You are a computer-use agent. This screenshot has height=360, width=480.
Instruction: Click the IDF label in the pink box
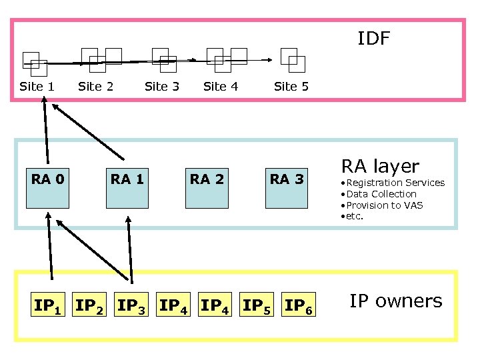click(x=373, y=39)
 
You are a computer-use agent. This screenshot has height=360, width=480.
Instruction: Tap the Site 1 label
click(x=37, y=86)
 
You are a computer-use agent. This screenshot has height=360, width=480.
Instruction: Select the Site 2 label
click(x=96, y=86)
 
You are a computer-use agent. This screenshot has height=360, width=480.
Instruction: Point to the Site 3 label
click(x=162, y=86)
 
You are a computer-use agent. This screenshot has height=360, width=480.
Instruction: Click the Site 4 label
click(x=221, y=86)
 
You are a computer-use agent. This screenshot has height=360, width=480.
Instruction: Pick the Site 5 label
click(x=291, y=86)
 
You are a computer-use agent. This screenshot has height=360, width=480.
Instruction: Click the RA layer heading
click(x=380, y=166)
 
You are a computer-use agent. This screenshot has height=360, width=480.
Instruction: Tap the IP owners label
click(x=395, y=301)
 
